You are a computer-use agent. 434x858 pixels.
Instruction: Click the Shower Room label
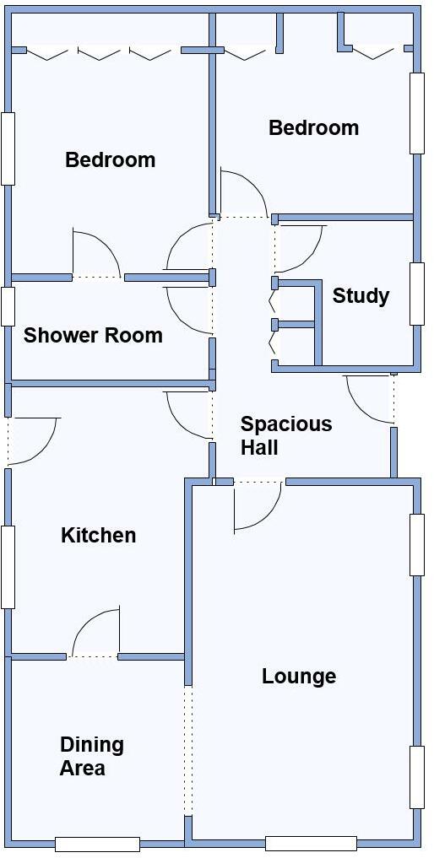pos(93,335)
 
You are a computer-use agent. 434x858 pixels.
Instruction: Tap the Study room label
pos(361,295)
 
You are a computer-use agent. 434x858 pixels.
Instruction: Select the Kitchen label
pos(98,535)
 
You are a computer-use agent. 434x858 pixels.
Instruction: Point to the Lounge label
pos(299,676)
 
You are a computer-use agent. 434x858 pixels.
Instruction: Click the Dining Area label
pos(91,756)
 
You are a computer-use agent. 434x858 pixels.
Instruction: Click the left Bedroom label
pos(110,159)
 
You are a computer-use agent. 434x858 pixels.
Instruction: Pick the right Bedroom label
pos(313,127)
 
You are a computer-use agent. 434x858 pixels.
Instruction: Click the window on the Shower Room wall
pos(8,306)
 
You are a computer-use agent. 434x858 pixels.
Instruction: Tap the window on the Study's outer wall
pos(416,294)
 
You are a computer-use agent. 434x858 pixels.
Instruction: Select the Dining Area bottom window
pos(97,844)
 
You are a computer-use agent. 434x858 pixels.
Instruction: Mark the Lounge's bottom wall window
pos(311,843)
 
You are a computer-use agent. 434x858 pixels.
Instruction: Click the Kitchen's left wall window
pos(8,567)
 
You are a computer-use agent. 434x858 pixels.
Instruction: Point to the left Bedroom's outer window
pos(8,148)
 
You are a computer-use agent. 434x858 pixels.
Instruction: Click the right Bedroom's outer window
pos(416,113)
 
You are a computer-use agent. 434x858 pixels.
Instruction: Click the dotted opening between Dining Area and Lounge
pos(188,750)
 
